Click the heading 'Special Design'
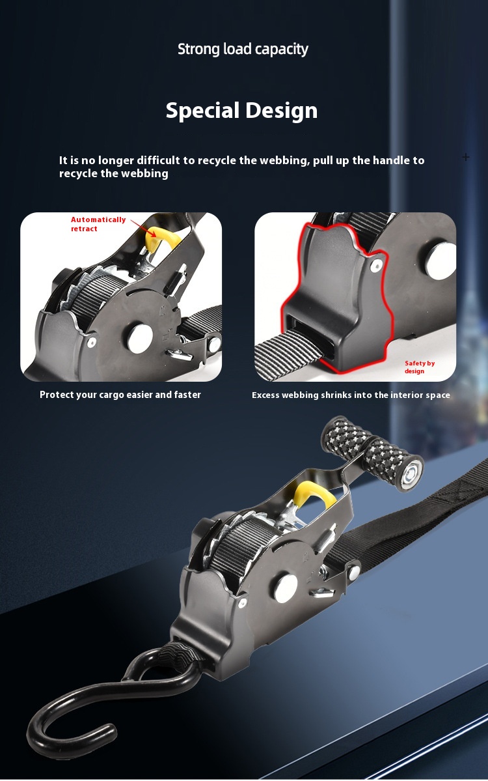(242, 111)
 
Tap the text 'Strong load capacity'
(243, 49)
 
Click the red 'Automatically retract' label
(98, 224)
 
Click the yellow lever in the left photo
(161, 238)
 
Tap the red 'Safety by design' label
(419, 367)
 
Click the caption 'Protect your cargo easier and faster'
(120, 395)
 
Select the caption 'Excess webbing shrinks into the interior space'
(351, 395)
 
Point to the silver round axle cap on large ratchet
(286, 588)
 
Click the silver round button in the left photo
(140, 339)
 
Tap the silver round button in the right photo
(440, 260)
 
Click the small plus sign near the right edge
(466, 158)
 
